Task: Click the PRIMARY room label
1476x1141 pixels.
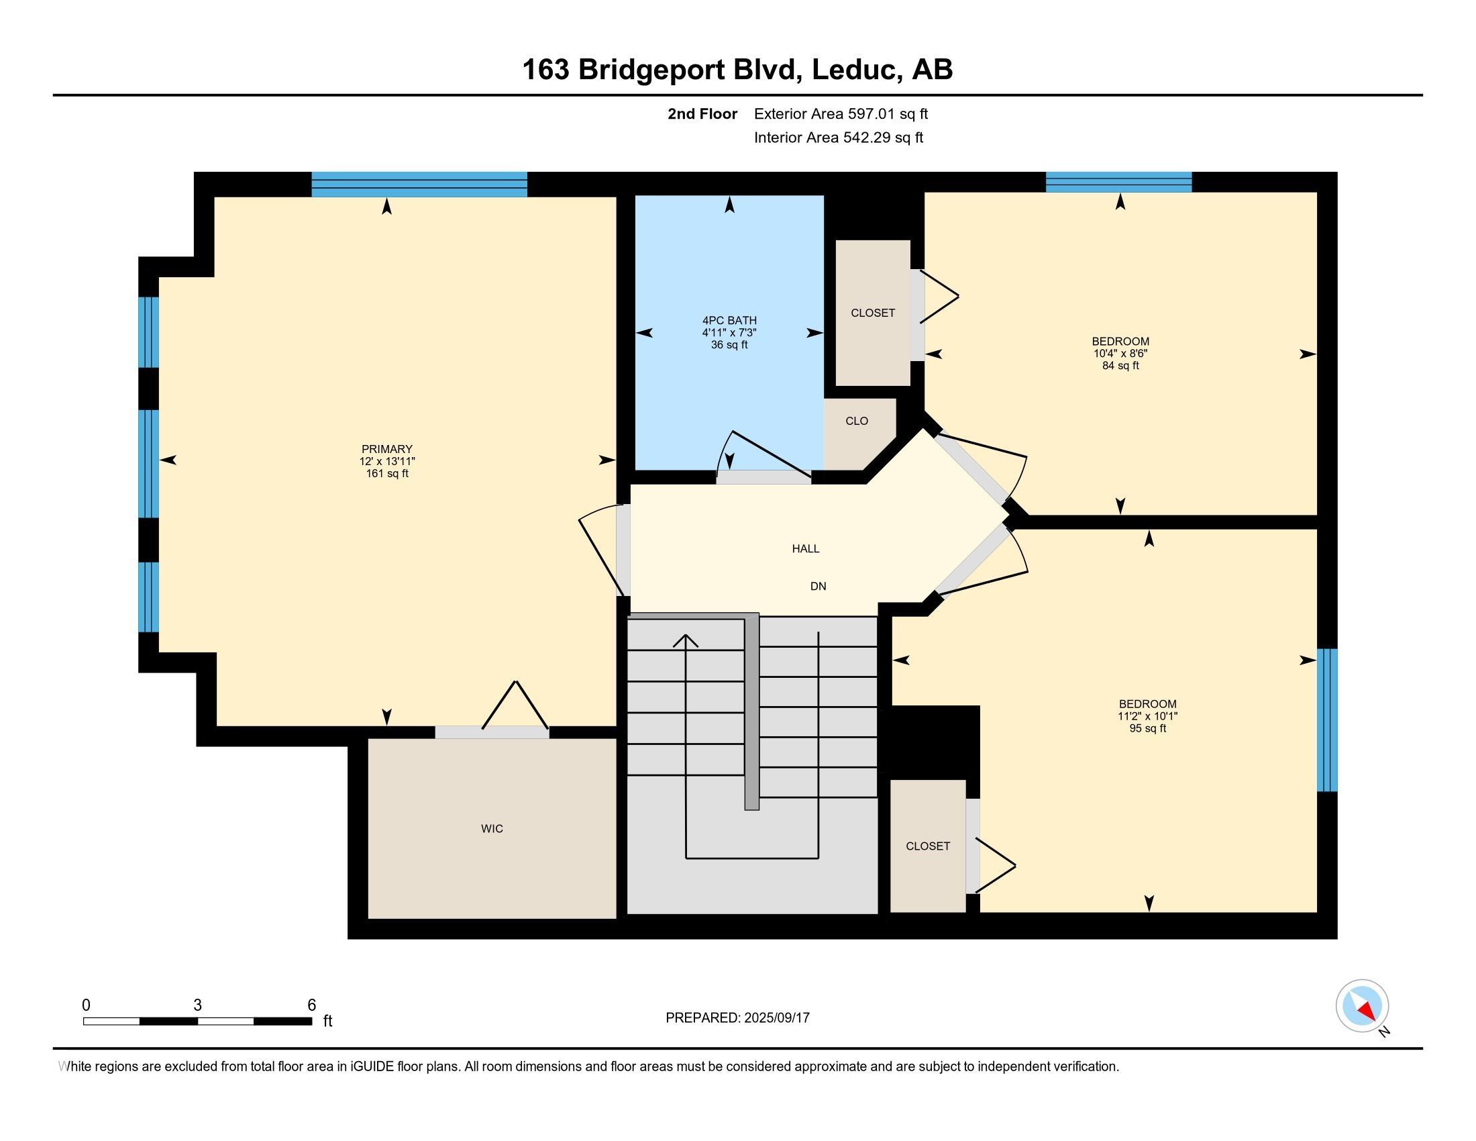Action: (386, 449)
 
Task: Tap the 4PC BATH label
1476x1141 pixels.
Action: (729, 320)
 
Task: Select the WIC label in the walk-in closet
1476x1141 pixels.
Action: (492, 829)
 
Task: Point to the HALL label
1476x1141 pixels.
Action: (806, 549)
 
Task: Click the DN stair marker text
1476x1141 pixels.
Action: (819, 586)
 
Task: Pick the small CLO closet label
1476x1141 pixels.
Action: (856, 421)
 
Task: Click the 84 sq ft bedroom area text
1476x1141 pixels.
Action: (1120, 366)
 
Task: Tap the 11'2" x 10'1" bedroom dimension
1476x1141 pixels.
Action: (1147, 716)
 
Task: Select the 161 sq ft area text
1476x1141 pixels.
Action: (386, 473)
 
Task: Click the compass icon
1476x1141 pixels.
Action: (1363, 1006)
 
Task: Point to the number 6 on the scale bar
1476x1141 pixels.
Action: (311, 1005)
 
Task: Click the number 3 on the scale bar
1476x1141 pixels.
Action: (197, 1005)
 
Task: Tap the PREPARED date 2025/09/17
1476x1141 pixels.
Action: (776, 1018)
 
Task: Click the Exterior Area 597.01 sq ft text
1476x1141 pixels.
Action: (841, 114)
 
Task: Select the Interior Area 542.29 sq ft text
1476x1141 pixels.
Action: (838, 138)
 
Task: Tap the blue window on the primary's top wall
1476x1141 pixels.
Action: (419, 185)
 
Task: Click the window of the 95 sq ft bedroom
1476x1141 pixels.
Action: (1327, 720)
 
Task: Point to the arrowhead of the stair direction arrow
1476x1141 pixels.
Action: (686, 640)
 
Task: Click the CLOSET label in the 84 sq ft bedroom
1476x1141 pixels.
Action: (873, 313)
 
